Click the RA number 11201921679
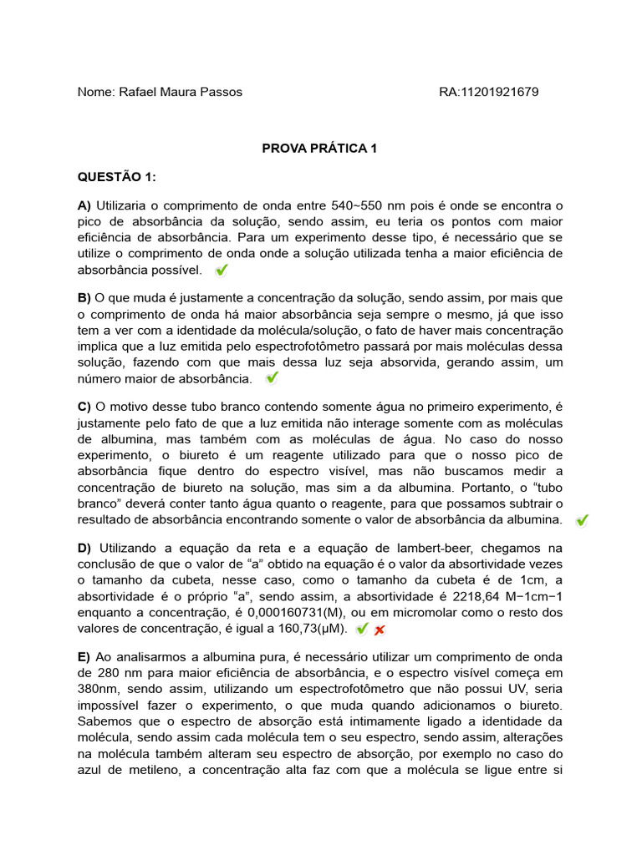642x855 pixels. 512,92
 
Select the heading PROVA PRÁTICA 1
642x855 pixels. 320,149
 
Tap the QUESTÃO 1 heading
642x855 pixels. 117,177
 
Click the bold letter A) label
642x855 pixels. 84,205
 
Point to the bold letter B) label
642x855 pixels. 84,298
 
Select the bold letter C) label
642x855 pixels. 84,407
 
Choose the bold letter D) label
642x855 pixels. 84,549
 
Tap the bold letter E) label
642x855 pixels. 84,657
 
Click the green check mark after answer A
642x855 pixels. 222,271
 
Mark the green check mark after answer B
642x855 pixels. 272,378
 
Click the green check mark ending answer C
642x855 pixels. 582,520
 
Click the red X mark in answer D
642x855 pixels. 380,630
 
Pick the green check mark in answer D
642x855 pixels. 362,629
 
